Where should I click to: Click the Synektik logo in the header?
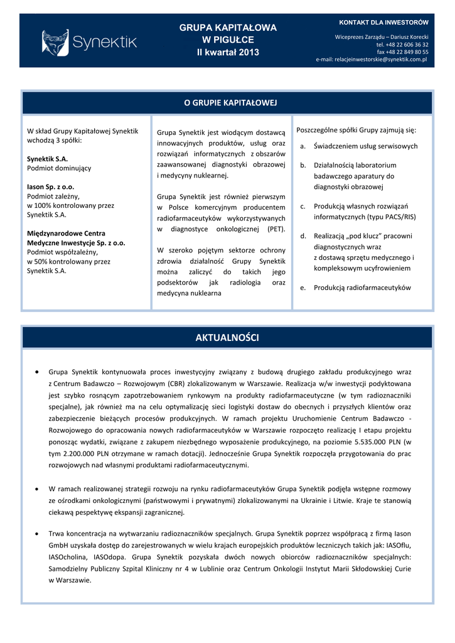(89, 43)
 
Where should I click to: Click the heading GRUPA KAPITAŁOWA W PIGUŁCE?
(228, 33)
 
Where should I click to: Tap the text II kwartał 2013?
(228, 52)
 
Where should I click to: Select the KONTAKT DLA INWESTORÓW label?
(383, 23)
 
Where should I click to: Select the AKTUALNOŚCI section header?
(227, 338)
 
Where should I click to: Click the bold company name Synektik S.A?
(48, 159)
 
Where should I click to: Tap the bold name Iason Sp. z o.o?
(51, 186)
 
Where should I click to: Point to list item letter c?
(302, 206)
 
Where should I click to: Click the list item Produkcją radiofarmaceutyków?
(362, 288)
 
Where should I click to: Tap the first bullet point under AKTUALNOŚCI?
(40, 372)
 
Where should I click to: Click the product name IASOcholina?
(70, 557)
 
